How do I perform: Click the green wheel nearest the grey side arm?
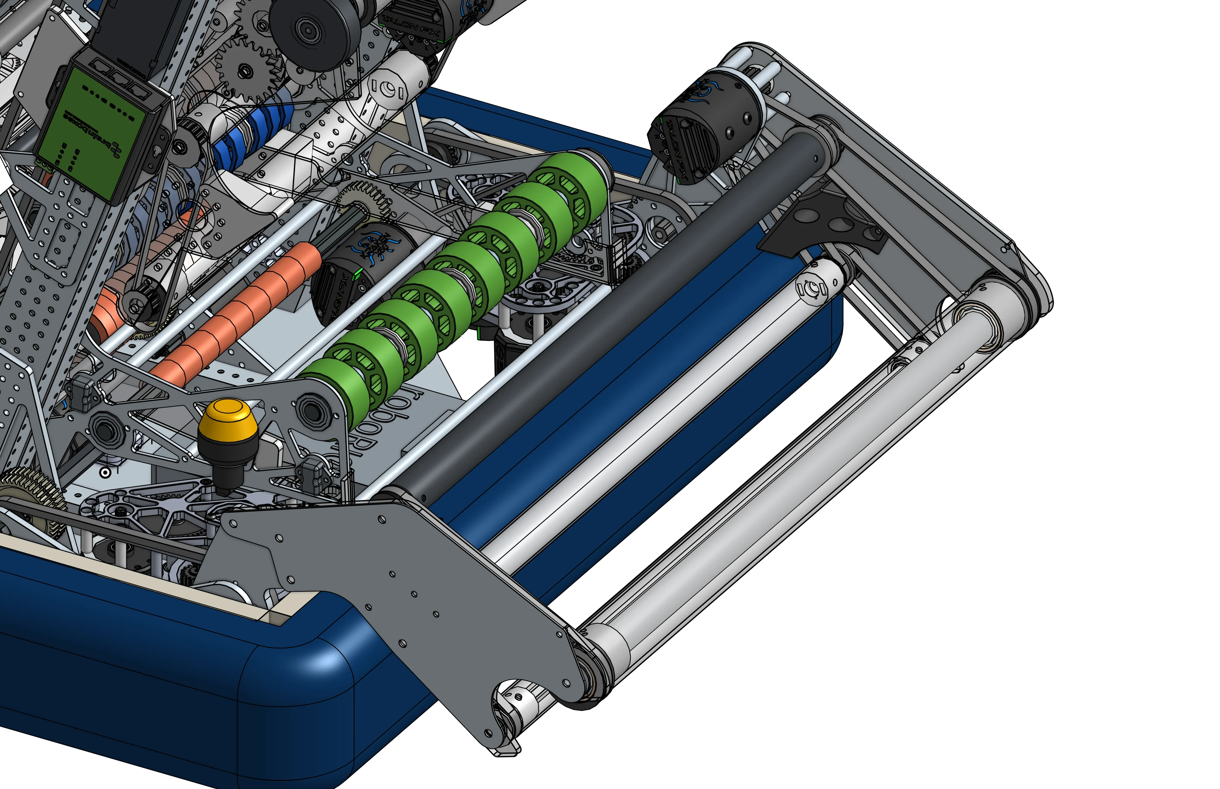point(333,389)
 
